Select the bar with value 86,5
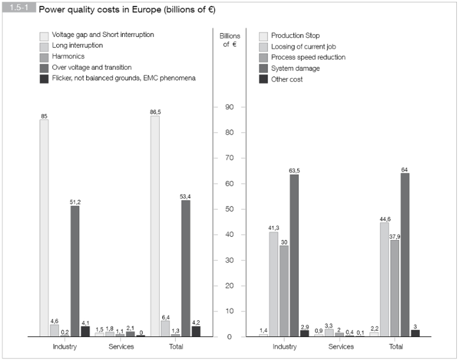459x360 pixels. point(155,226)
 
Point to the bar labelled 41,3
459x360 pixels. point(274,284)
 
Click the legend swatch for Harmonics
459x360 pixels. point(44,56)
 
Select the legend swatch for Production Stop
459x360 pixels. point(263,35)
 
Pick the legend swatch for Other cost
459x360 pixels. point(263,79)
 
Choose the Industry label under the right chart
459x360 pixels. point(285,347)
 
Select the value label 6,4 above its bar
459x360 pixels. point(165,317)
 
